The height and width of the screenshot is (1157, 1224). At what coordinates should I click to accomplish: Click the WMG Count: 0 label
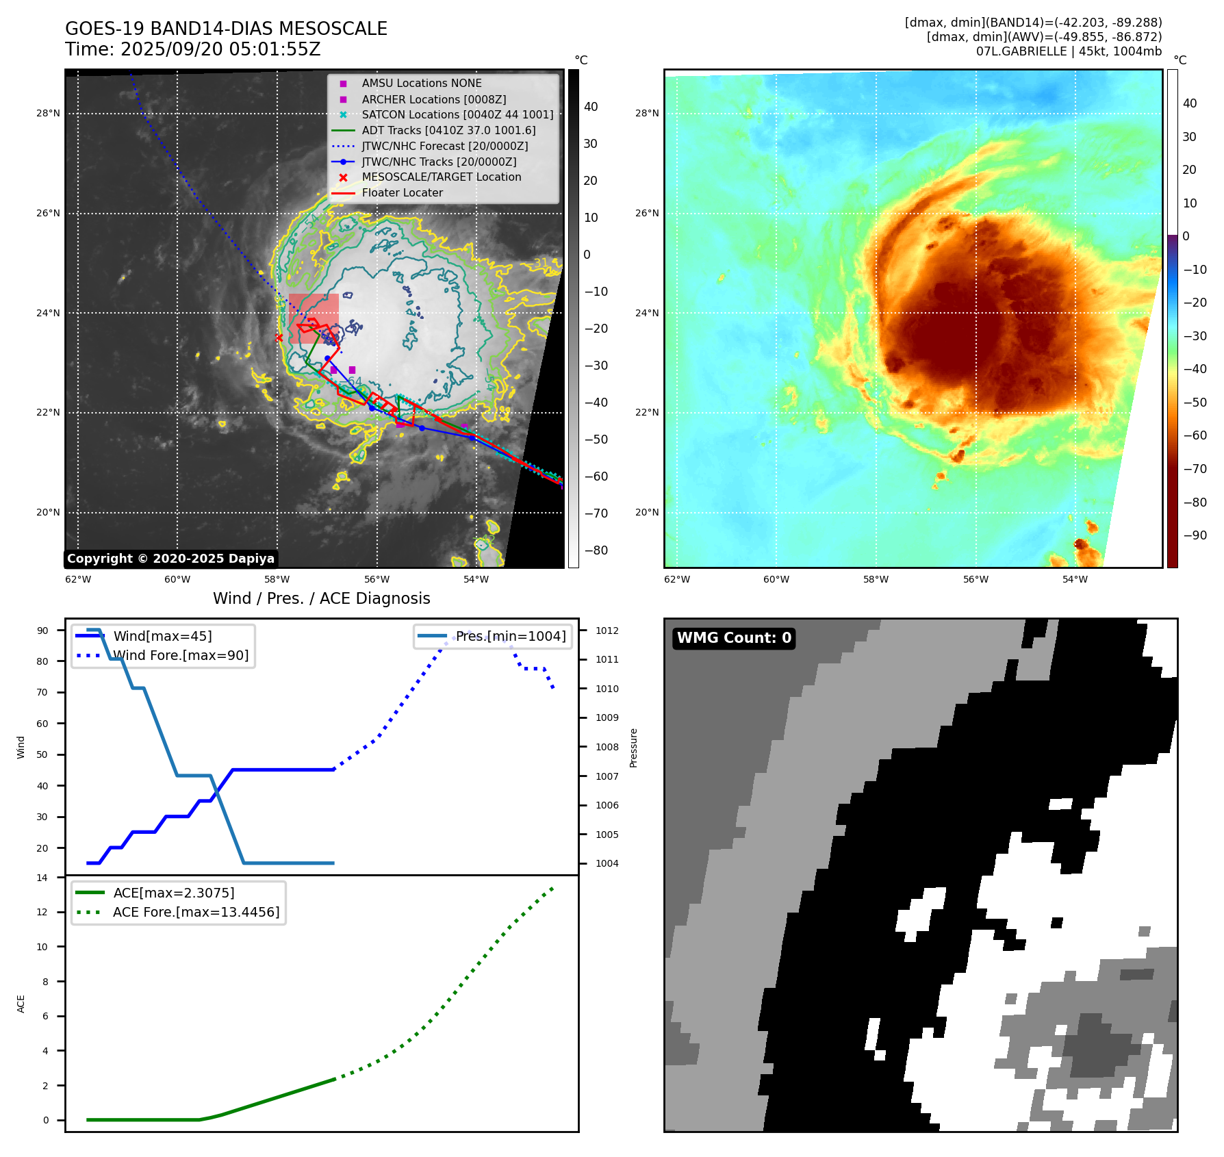pos(734,638)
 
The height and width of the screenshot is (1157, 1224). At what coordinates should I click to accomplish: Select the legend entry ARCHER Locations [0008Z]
pos(433,99)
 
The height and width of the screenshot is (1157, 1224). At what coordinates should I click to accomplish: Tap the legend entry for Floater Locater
pos(402,193)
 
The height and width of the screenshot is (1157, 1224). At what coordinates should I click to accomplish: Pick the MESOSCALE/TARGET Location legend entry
pos(441,177)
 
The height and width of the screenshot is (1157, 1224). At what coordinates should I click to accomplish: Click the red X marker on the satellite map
pos(279,338)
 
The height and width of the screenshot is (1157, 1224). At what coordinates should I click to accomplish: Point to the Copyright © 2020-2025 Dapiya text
pos(170,559)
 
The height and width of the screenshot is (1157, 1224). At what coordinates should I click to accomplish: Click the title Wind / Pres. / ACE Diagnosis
pos(321,598)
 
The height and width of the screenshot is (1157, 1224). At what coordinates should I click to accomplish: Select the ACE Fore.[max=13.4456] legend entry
pos(196,913)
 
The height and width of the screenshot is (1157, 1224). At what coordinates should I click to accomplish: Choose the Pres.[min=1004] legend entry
pos(511,637)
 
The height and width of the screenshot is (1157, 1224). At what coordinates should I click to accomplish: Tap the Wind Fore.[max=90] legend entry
pos(181,656)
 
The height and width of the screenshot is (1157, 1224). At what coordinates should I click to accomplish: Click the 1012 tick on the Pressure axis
pos(607,631)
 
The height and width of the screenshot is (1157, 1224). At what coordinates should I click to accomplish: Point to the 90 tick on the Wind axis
pos(42,631)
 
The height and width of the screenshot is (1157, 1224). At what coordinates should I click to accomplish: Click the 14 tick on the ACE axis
pos(42,878)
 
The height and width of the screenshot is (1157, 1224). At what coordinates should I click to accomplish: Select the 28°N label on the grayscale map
pos(48,114)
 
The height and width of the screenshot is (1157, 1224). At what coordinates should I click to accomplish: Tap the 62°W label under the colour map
pos(677,580)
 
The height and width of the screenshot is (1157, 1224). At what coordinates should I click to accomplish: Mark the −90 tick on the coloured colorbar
pos(1195,535)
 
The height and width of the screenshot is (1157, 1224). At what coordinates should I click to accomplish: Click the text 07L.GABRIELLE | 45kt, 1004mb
pos(1069,51)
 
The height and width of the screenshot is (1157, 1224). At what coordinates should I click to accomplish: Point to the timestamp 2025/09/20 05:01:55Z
pos(220,49)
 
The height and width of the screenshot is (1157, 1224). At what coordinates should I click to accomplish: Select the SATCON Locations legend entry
pos(457,115)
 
